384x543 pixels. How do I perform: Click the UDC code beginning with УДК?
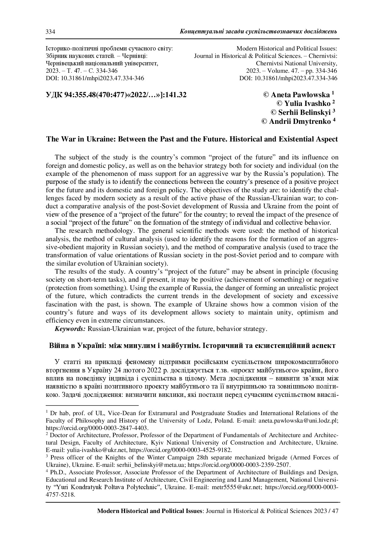point(116,95)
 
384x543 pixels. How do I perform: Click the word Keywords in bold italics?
point(70,328)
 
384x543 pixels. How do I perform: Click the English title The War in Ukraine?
point(192,139)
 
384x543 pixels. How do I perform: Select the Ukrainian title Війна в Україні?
point(192,345)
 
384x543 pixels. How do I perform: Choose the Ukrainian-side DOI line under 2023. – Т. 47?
point(95,78)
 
